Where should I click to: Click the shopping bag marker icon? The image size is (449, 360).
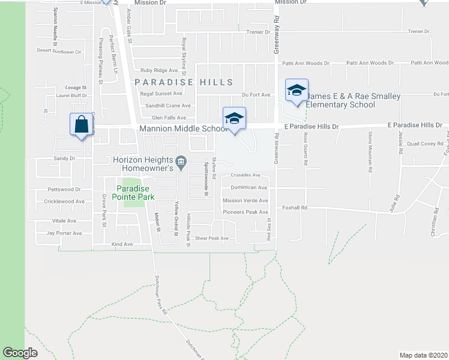coord(82,125)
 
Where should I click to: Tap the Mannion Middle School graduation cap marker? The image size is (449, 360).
coord(235,118)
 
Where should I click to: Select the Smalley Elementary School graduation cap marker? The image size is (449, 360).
coord(297,90)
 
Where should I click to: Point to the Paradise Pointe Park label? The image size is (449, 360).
coord(135,193)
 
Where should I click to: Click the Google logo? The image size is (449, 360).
coord(20,353)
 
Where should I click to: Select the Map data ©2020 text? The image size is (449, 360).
coord(423,355)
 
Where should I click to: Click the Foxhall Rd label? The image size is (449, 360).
coord(295,208)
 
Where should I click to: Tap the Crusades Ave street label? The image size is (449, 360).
coord(245,175)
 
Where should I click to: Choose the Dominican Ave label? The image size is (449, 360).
coord(249,187)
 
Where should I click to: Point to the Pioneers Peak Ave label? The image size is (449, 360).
coord(246,212)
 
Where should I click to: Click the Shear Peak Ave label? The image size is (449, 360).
coord(212,238)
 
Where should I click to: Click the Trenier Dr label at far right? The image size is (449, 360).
coord(419,31)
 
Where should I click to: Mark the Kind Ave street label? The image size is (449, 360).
coord(122,244)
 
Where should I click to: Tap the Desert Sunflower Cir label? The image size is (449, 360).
coord(59,51)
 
